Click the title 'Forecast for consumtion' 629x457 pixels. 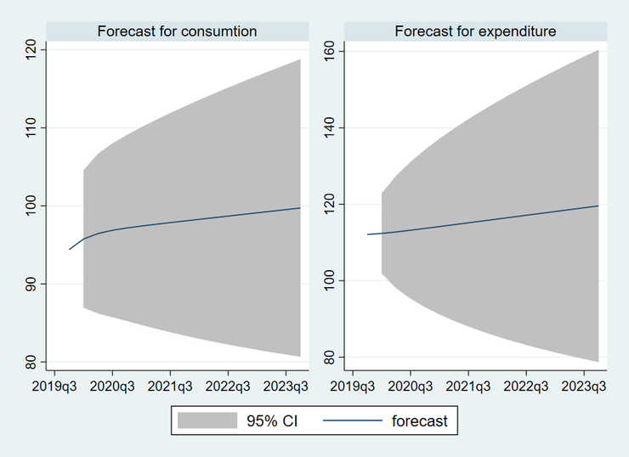(177, 31)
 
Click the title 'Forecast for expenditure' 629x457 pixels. (475, 31)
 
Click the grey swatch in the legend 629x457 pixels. (207, 420)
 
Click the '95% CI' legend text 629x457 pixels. (274, 420)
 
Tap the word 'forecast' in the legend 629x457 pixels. (420, 420)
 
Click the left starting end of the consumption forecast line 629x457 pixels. (69, 250)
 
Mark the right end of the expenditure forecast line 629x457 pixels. (598, 206)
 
